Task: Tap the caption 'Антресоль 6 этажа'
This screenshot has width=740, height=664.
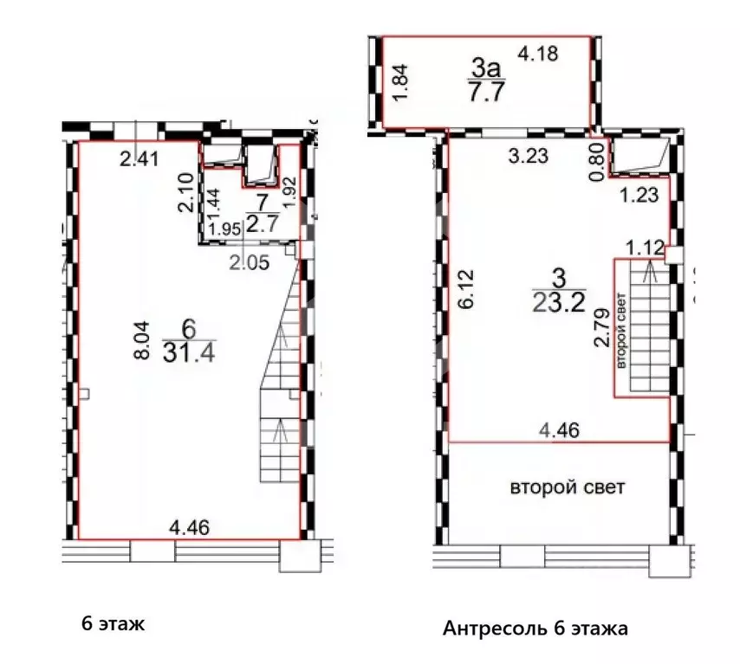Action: [x=536, y=628]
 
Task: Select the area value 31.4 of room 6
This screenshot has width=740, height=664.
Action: [x=183, y=353]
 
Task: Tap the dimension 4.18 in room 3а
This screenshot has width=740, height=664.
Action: [x=539, y=54]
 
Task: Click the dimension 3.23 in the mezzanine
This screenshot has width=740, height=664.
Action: [x=529, y=157]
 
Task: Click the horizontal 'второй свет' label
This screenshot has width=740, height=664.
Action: [x=567, y=487]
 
